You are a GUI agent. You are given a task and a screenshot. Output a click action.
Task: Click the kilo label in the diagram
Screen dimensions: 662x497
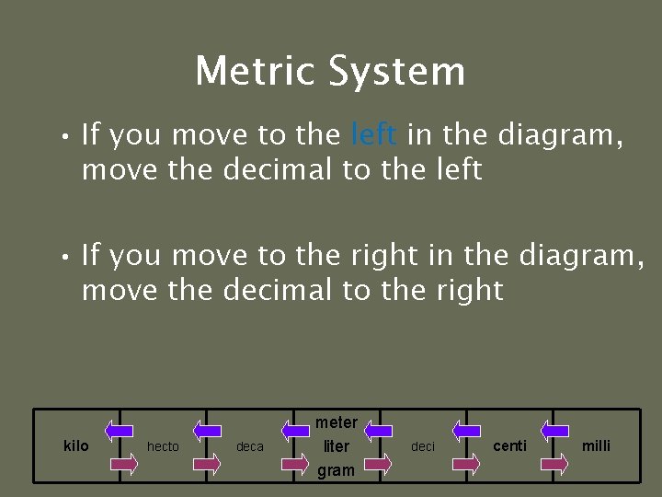click(76, 445)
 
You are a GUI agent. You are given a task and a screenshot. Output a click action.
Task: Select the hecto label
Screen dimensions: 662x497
click(164, 446)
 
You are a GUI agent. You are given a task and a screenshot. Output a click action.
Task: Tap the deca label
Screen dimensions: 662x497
click(250, 446)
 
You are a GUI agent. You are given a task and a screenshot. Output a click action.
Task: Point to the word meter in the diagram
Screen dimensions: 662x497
click(337, 422)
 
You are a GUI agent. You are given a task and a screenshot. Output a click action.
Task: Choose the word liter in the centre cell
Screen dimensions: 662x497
click(337, 446)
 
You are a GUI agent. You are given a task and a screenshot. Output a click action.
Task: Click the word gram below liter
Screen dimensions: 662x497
click(337, 470)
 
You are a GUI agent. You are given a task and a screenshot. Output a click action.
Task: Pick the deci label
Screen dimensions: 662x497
click(423, 446)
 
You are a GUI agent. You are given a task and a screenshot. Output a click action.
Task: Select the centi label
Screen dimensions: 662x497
click(510, 445)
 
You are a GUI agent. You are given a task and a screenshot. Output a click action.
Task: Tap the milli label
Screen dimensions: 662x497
click(596, 445)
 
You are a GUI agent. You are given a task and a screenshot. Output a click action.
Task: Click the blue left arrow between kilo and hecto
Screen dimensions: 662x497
click(119, 429)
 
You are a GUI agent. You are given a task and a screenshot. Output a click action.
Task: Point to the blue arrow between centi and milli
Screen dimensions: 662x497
click(554, 429)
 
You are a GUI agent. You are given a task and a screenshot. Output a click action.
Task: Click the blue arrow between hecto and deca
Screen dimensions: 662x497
click(206, 429)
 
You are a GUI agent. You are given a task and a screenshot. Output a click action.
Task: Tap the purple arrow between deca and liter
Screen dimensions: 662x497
click(295, 465)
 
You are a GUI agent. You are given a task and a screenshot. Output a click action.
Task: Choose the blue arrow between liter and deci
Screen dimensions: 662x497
click(380, 429)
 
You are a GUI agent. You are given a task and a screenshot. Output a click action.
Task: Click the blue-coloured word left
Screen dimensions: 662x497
click(374, 135)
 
